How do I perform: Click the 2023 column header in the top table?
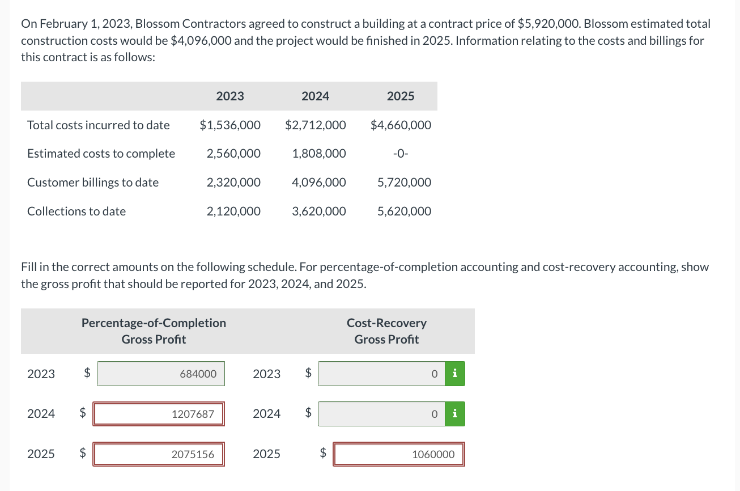tap(230, 96)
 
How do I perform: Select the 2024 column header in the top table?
tap(315, 96)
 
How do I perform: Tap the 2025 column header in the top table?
tap(401, 96)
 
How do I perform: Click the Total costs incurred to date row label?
tap(99, 125)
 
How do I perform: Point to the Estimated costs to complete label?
tap(101, 154)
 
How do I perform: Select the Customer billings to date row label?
tap(93, 183)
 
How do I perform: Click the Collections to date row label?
tap(76, 211)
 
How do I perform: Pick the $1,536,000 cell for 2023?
tap(230, 125)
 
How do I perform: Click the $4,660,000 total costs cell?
tap(401, 125)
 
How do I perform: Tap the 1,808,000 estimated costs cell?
tap(319, 154)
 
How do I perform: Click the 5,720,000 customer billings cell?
tap(404, 183)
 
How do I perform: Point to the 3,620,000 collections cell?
tap(319, 211)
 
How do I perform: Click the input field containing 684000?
tap(161, 374)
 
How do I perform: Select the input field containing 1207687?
tap(159, 414)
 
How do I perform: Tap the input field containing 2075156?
tap(159, 454)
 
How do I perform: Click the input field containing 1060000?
tap(399, 454)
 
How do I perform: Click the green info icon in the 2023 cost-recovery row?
tap(454, 374)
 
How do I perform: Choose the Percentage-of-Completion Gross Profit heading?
tap(154, 331)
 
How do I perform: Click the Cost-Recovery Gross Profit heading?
tap(386, 331)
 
